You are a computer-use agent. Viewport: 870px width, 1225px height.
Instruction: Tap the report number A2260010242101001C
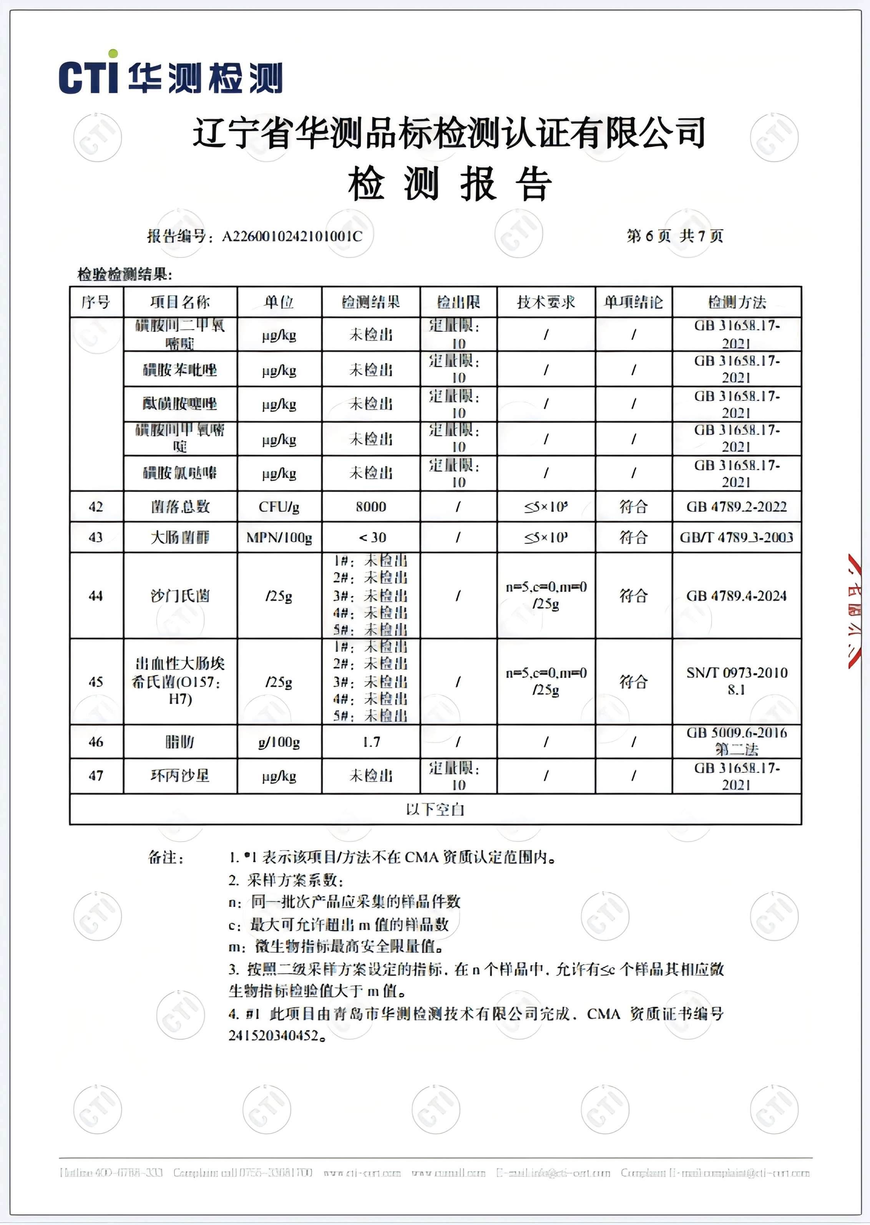292,236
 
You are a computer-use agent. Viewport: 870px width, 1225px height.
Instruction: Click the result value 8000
371,507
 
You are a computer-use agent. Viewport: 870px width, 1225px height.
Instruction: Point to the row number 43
96,537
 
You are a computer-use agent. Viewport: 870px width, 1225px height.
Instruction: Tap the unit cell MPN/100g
279,537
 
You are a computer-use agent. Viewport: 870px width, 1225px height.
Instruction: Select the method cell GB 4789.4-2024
737,596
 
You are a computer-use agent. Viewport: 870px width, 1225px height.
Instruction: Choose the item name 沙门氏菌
180,596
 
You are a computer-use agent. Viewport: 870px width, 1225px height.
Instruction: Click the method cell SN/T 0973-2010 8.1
737,681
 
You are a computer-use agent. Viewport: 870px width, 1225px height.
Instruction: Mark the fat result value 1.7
371,742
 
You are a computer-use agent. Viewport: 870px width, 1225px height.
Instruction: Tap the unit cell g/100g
279,742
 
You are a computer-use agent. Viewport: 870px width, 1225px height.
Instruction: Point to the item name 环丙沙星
180,775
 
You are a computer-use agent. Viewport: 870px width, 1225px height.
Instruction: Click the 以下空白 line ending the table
435,809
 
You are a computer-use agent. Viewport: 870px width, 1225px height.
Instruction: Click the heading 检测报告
450,183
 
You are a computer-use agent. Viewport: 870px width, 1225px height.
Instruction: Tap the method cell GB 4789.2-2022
737,507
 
